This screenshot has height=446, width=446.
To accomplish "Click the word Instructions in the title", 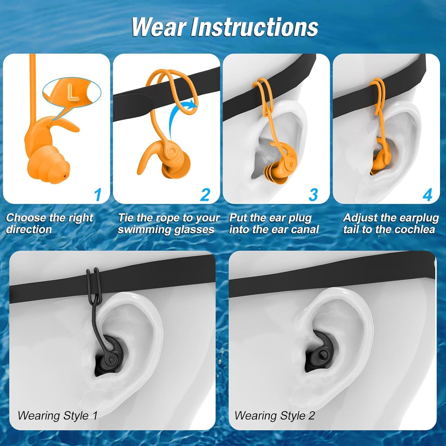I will pos(254,27).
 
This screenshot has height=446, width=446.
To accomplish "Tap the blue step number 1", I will pos(98,195).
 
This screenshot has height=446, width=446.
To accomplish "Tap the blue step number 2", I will pos(205,195).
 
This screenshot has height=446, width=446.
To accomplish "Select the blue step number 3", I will pos(313,195).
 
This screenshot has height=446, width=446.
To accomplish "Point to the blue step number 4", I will pos(427,195).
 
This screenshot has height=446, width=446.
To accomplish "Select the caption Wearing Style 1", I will pos(57,415).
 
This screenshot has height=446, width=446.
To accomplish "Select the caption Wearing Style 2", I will pos(274,415).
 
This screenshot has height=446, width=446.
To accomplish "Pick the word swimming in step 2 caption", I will pos(144,230).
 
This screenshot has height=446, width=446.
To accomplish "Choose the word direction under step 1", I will pos(29,230).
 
